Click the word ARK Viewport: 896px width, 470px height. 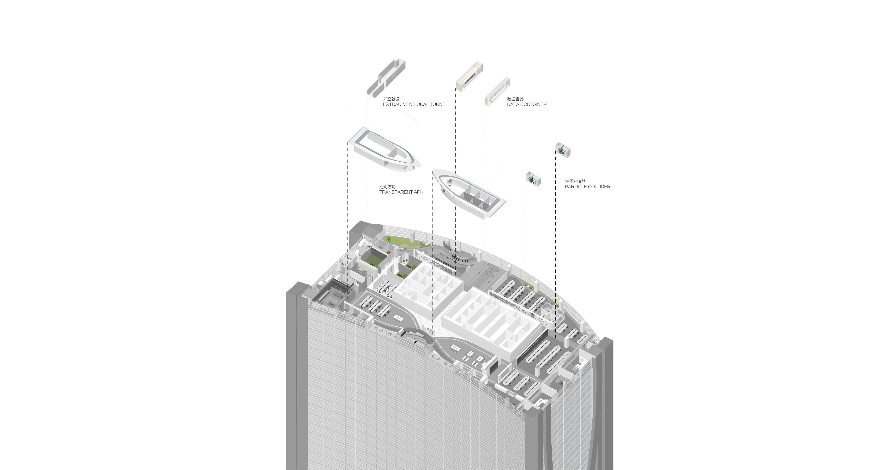click(x=418, y=192)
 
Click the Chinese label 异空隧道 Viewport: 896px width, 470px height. click(x=391, y=99)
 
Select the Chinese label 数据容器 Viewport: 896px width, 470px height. click(x=515, y=99)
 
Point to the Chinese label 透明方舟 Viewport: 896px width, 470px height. click(x=387, y=187)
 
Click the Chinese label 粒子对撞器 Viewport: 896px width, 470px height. click(x=575, y=181)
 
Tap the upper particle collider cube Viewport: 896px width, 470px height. click(x=563, y=150)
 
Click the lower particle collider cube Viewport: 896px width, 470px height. click(x=533, y=179)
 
